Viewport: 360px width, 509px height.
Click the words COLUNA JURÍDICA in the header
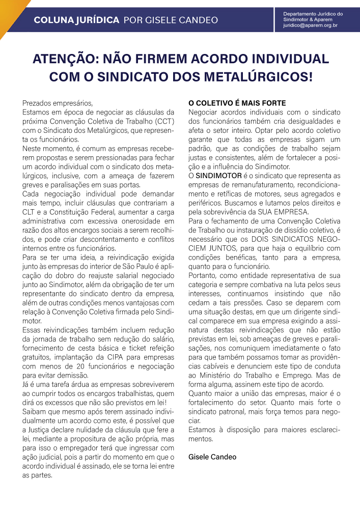click(x=76, y=20)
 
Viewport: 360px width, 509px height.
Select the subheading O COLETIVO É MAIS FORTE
click(x=237, y=103)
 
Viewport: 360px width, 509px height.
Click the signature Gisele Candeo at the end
click(x=212, y=457)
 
